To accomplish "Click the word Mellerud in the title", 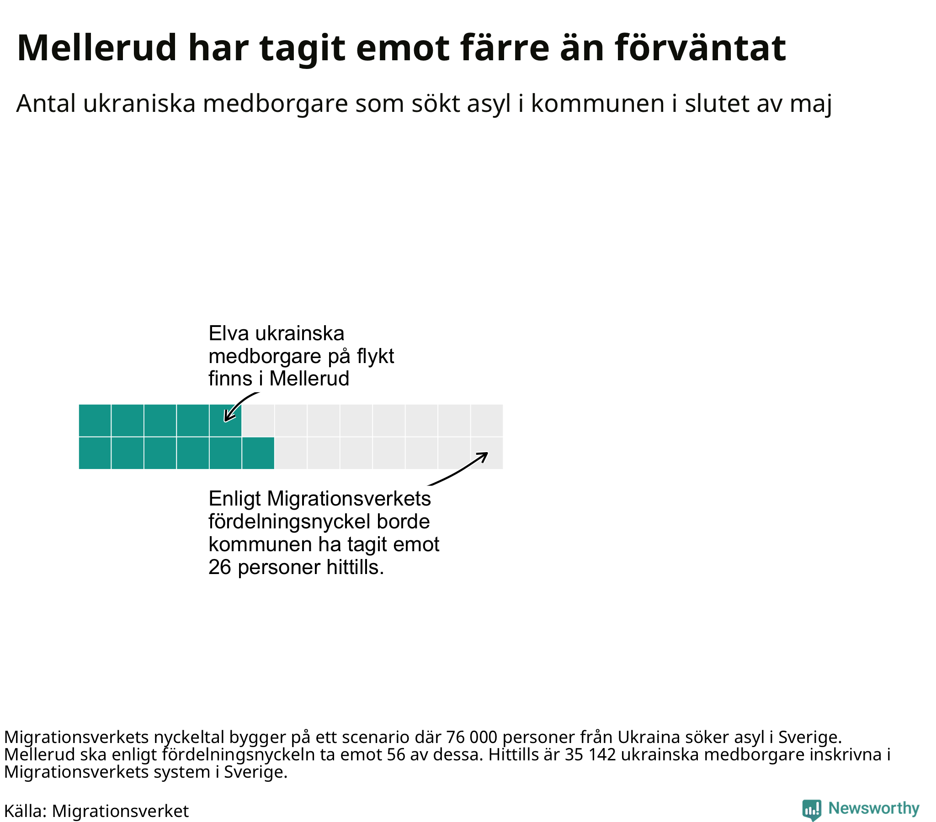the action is coord(96,47).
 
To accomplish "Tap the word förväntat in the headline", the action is coord(700,47).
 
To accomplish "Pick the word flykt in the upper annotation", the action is coord(375,356).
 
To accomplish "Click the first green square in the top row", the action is coord(95,420).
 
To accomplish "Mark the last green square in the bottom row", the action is coord(258,453).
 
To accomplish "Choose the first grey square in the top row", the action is coord(258,420).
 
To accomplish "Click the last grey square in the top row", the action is coord(487,420).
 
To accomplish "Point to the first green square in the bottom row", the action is coord(95,453).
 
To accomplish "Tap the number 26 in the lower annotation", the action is coord(220,568).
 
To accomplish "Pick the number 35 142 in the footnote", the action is coord(590,755).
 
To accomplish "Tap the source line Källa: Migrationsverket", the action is coord(96,811).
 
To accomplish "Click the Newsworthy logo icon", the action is coord(812,810).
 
